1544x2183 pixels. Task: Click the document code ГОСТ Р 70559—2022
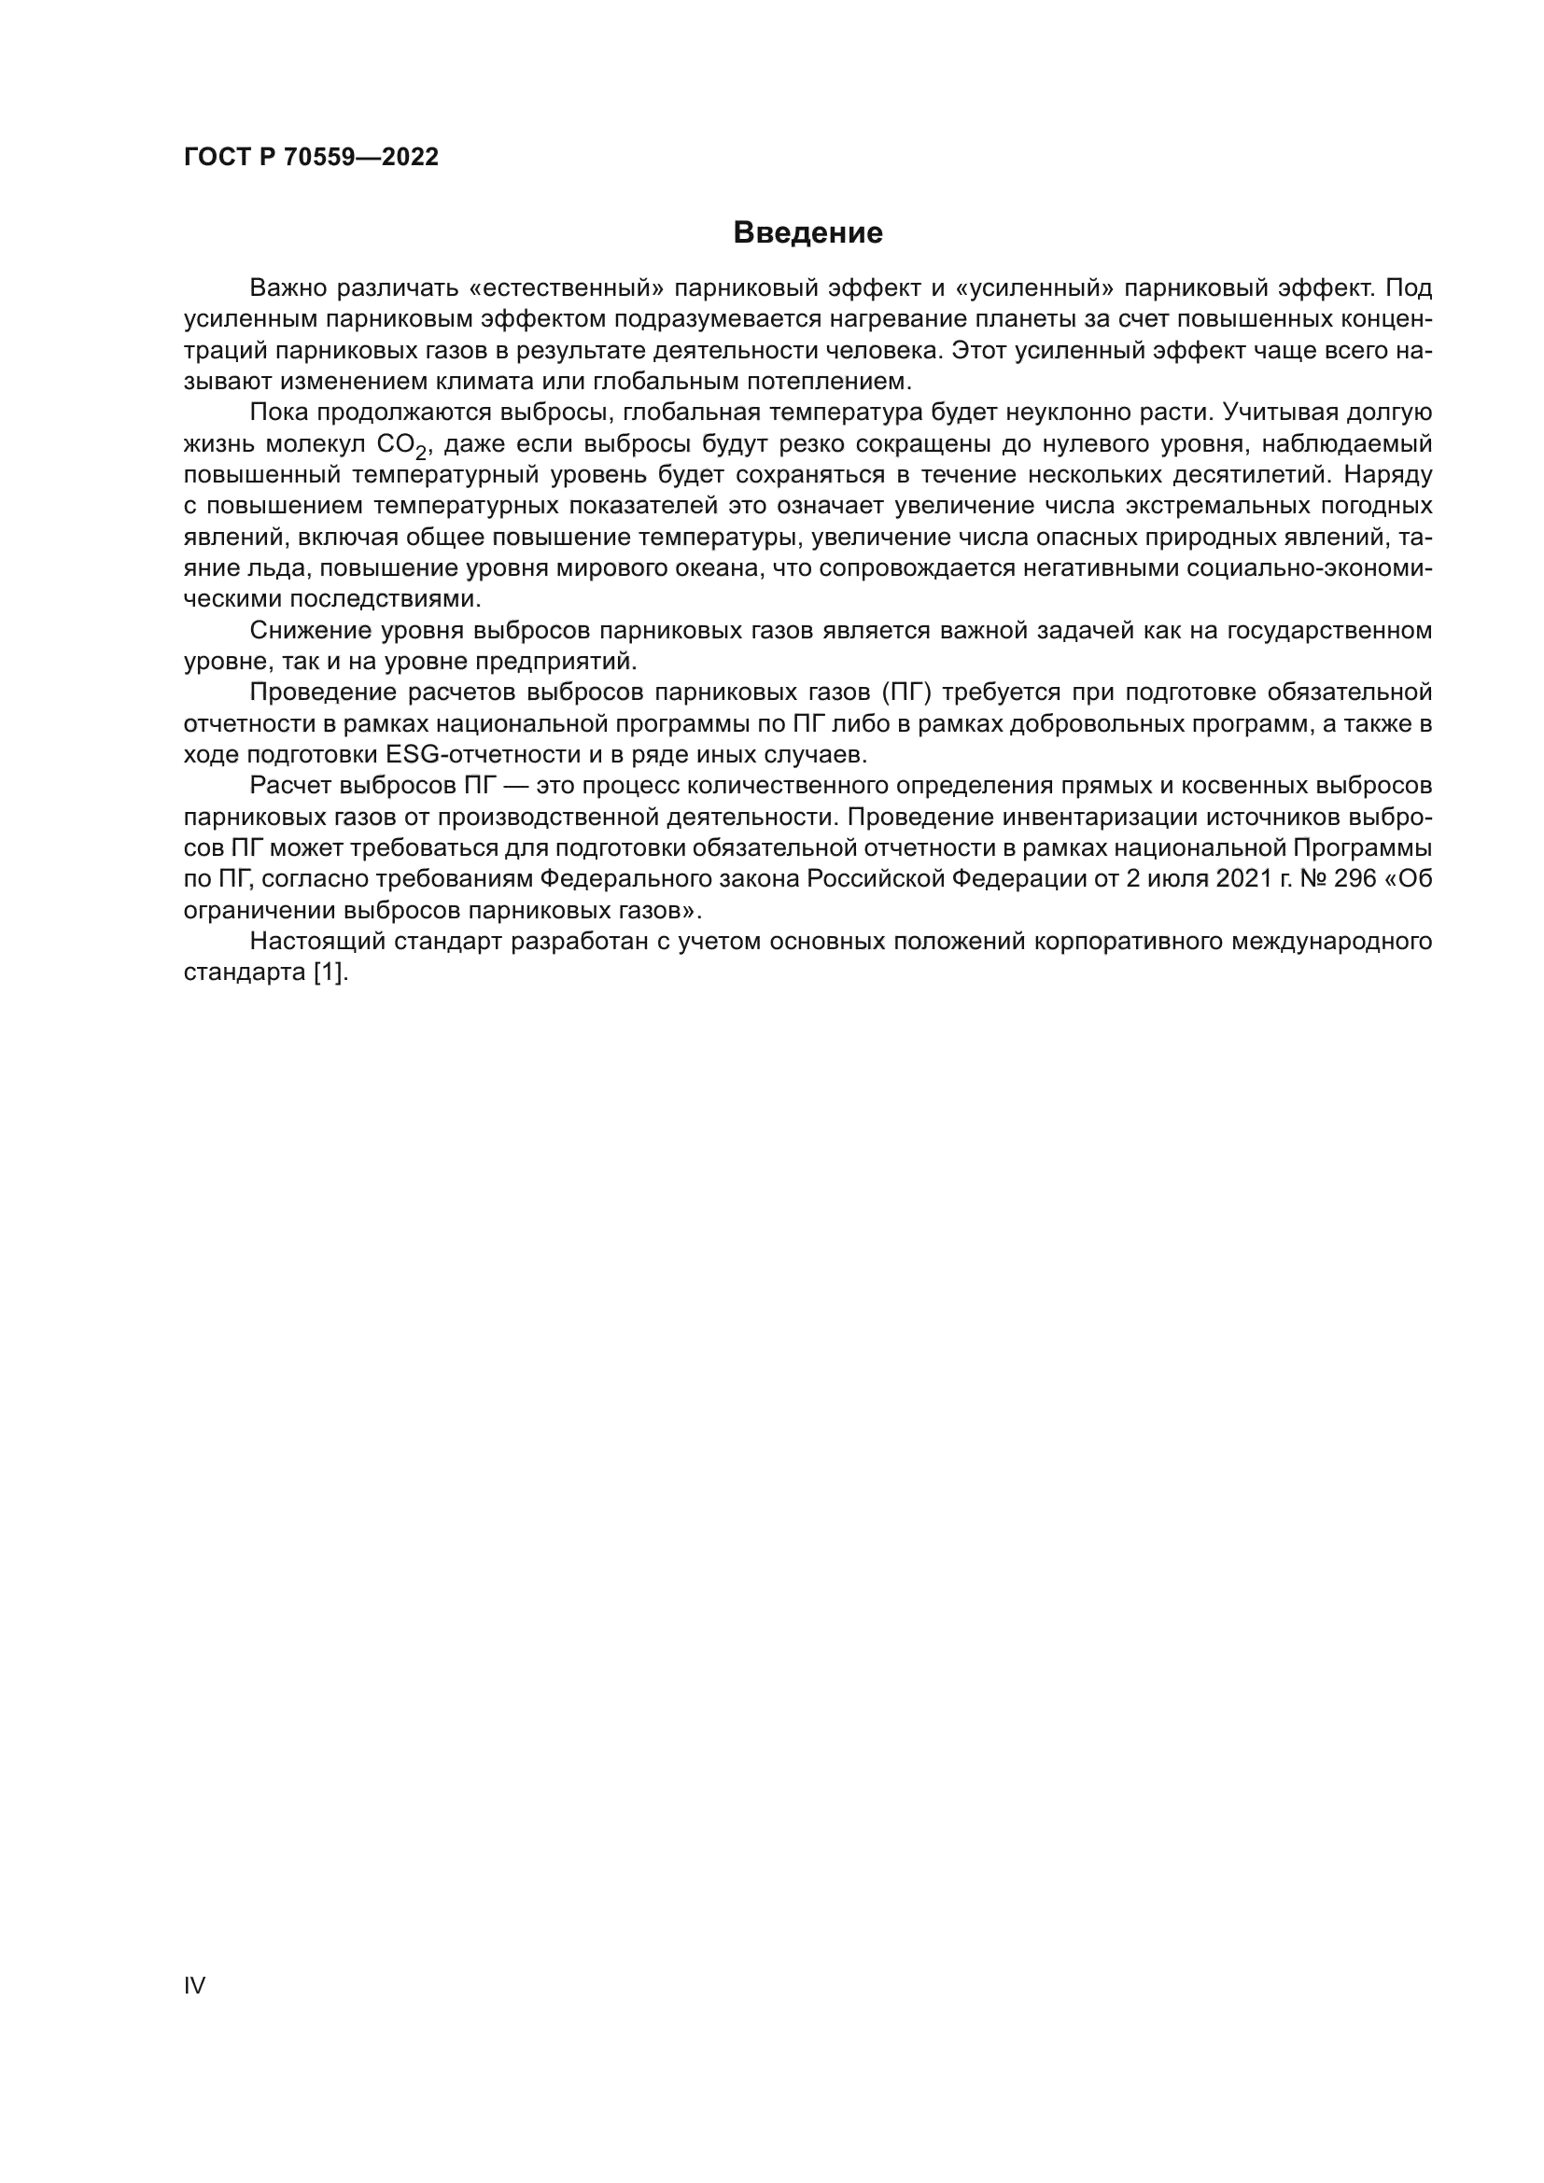tap(311, 158)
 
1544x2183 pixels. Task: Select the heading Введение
tap(807, 233)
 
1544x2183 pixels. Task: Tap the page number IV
tap(194, 1985)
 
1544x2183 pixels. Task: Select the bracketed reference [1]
tap(330, 973)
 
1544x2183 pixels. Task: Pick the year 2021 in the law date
tap(1242, 879)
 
